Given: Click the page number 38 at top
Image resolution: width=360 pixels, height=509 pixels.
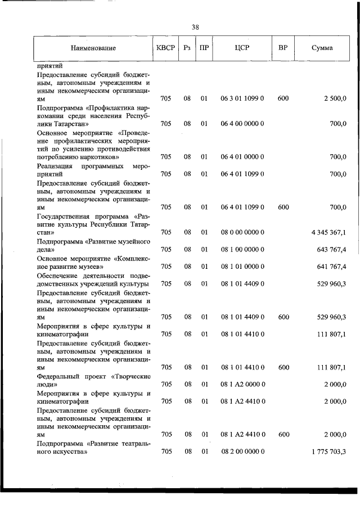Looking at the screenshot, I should click(x=195, y=27).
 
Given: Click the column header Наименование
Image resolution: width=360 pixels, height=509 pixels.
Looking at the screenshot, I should click(x=93, y=48).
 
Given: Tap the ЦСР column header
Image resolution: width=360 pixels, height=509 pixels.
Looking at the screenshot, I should click(x=242, y=48).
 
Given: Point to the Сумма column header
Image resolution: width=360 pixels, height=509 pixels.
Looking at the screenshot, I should click(x=322, y=48).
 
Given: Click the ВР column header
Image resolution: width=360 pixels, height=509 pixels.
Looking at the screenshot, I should click(x=283, y=48).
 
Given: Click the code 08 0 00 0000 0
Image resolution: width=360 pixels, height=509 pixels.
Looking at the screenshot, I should click(x=242, y=232).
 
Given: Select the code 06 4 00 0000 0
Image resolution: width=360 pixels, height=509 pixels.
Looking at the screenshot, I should click(x=242, y=123).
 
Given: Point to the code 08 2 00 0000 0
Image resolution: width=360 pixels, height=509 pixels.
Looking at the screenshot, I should click(x=242, y=452).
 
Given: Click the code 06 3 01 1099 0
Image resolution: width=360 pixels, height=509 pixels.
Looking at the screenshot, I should click(x=242, y=98).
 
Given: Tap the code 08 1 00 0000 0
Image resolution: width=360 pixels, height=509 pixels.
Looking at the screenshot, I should click(x=242, y=249).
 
